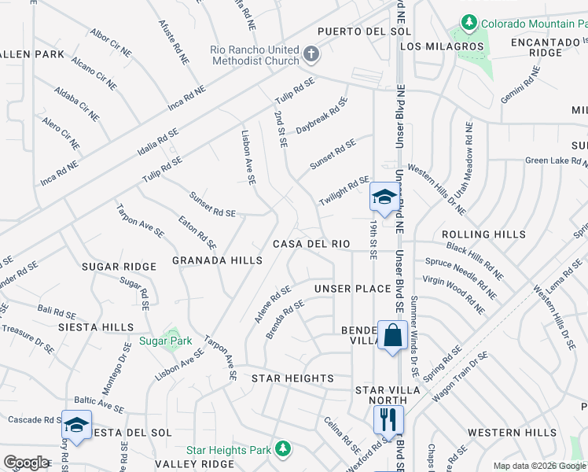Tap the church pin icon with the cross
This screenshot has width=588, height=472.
(311, 54)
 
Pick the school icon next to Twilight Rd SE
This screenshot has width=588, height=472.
(383, 197)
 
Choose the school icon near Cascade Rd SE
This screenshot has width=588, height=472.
(76, 425)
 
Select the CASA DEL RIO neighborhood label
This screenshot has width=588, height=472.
(311, 244)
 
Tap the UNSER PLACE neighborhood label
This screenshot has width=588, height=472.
(353, 289)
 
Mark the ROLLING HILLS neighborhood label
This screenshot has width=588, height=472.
(483, 234)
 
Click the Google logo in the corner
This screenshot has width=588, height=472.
(26, 462)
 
